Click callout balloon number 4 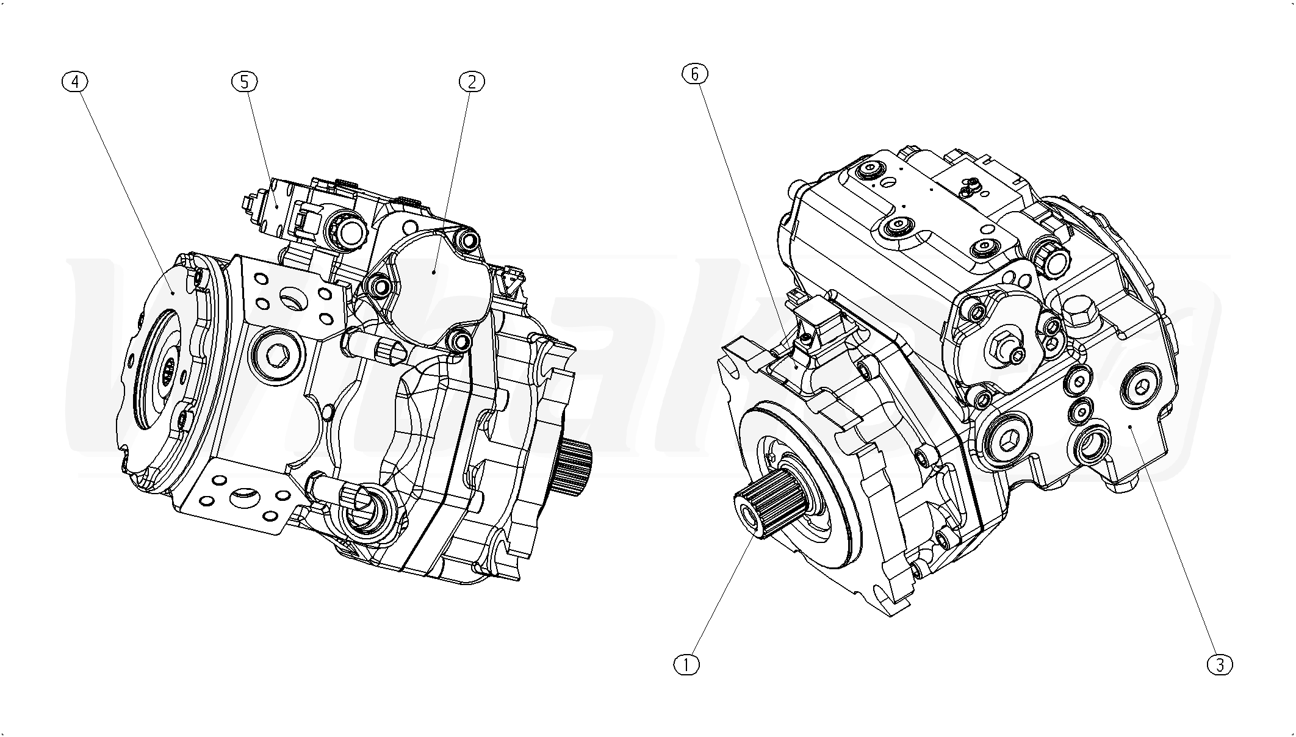coord(76,82)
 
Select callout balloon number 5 coord(245,82)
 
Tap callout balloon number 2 coord(472,82)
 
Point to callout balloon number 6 coord(695,74)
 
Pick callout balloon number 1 coord(686,664)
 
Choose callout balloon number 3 coord(1220,664)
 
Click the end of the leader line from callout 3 coord(1131,426)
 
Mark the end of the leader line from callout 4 coord(174,293)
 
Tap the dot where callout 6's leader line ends coord(796,368)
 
